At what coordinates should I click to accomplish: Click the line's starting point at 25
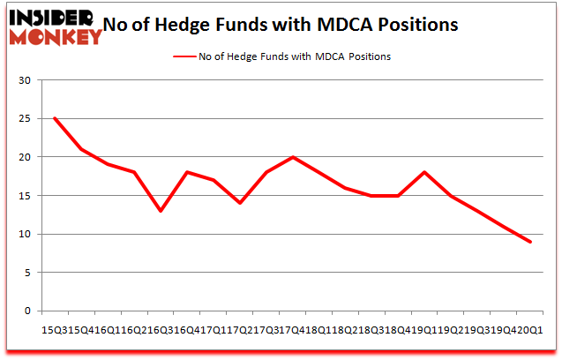tap(55, 118)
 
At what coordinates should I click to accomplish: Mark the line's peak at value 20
tap(293, 157)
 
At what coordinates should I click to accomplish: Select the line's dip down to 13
tap(161, 211)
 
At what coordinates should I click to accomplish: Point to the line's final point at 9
tap(530, 242)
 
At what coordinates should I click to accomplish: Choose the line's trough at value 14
tap(240, 203)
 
